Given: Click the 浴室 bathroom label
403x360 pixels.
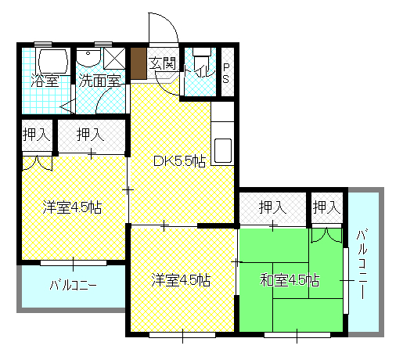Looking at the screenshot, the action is [x=45, y=81].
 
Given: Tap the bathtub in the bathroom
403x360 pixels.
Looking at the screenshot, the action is [x=53, y=61].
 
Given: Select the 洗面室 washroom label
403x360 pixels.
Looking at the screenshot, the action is [x=99, y=81].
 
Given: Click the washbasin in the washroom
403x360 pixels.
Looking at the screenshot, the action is [x=88, y=57].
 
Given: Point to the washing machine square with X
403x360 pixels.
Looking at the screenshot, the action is [x=114, y=59].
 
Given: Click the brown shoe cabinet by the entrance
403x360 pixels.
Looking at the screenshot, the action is [x=139, y=63].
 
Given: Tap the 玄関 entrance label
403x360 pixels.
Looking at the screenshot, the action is [x=162, y=63].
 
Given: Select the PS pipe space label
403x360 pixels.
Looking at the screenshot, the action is [x=226, y=73].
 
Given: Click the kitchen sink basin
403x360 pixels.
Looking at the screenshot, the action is [x=223, y=151].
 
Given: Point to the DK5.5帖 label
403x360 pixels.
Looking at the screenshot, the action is [x=179, y=161].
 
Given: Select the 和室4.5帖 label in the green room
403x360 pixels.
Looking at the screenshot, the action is [x=290, y=280].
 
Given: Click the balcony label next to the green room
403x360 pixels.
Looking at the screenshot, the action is [x=362, y=264].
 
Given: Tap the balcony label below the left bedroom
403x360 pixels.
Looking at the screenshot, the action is [x=74, y=284].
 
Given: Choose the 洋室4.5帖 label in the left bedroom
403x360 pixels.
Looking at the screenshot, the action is [x=72, y=207].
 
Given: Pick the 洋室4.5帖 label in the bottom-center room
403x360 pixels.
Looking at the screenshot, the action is [x=181, y=280].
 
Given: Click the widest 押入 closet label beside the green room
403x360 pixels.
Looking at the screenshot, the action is [x=272, y=207].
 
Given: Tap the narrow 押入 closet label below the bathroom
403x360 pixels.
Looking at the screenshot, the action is [x=36, y=135].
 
